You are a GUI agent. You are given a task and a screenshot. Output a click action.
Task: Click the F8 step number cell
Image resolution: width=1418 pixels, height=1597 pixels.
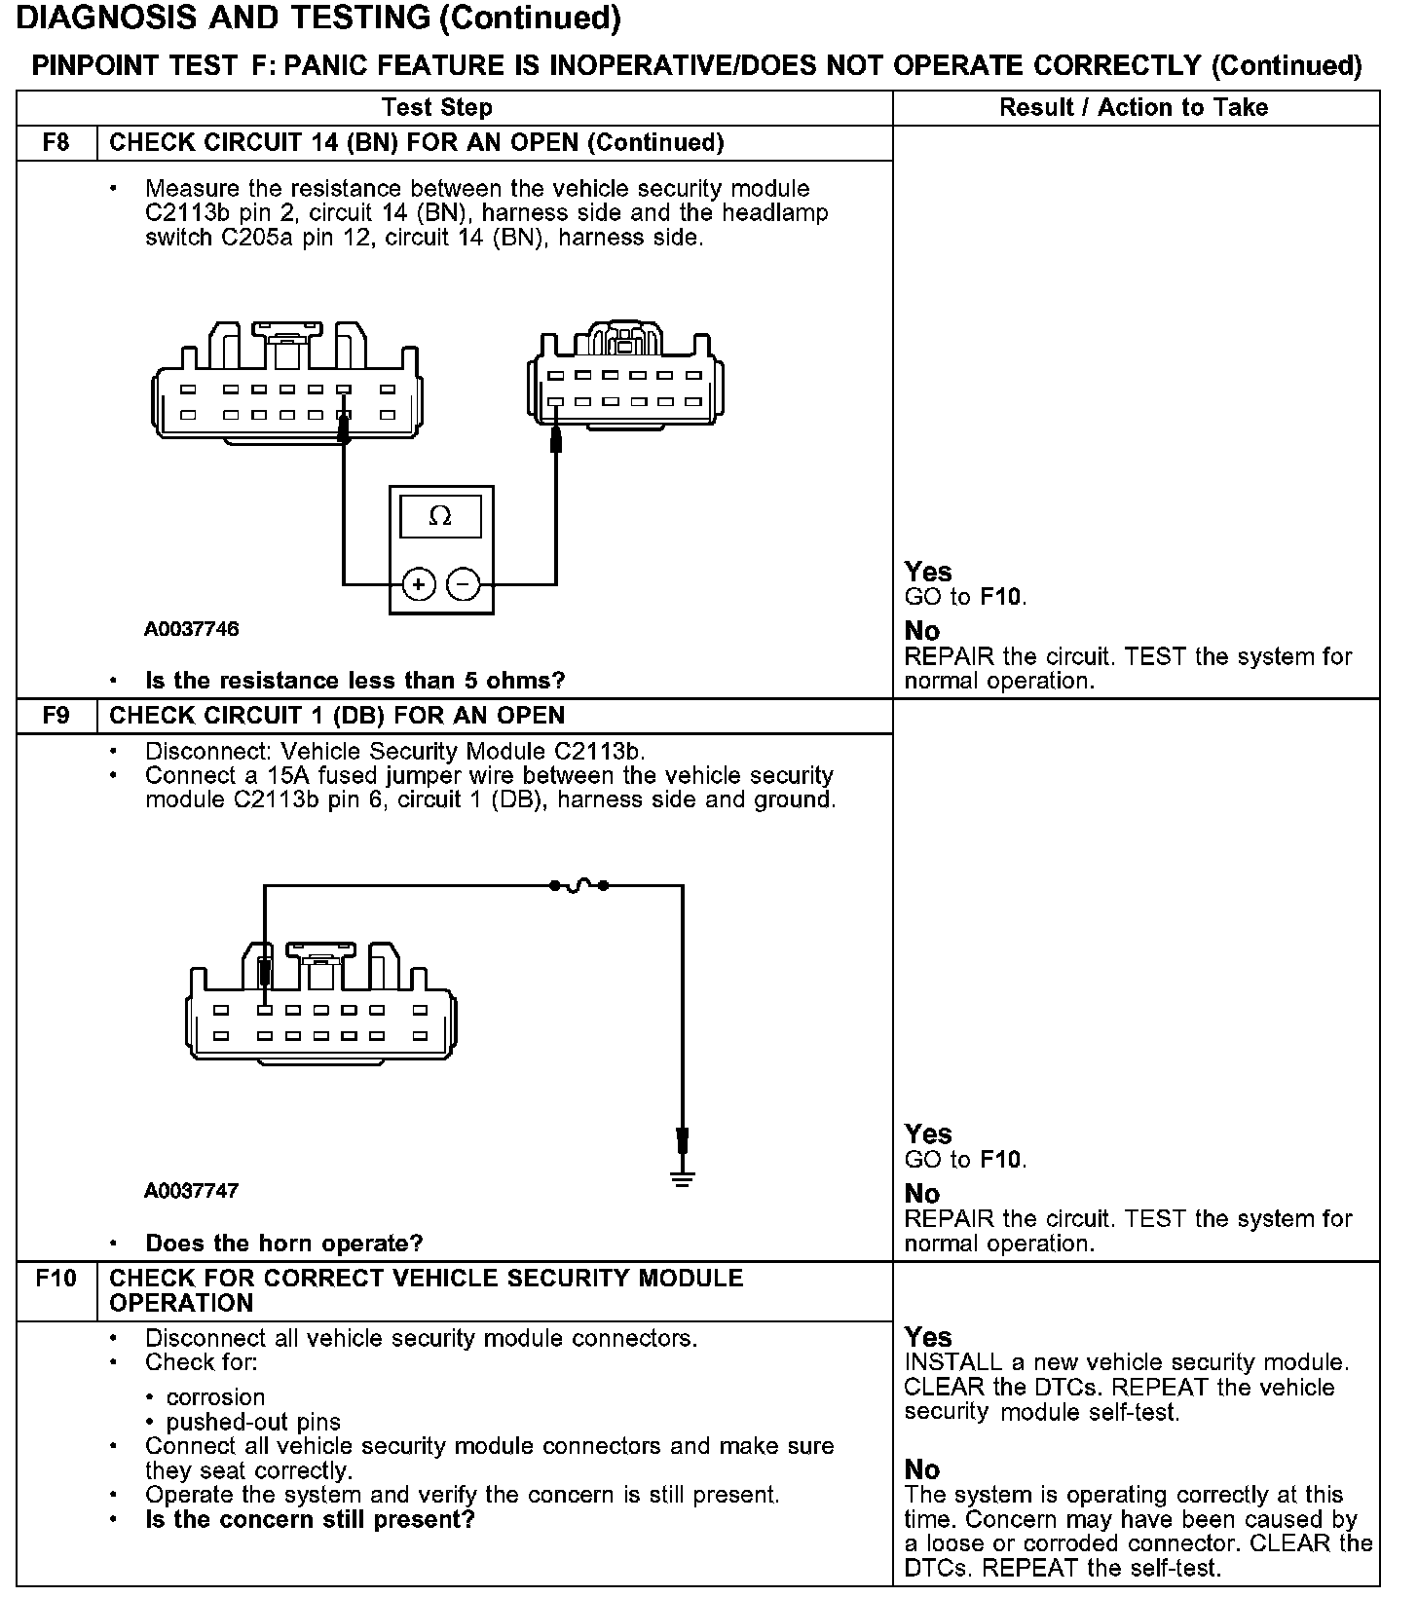pyautogui.click(x=56, y=143)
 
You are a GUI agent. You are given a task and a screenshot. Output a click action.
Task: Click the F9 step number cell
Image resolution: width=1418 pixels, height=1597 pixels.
pyautogui.click(x=56, y=716)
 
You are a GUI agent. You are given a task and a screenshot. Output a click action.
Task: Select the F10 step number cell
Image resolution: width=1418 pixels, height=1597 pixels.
pyautogui.click(x=56, y=1278)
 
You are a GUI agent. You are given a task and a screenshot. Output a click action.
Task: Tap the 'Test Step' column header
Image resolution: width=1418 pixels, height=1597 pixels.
pyautogui.click(x=437, y=107)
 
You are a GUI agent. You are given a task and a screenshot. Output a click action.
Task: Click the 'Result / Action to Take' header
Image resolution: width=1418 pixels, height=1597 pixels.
pyautogui.click(x=1134, y=107)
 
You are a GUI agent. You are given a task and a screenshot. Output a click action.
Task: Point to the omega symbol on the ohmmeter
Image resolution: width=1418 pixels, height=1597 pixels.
pyautogui.click(x=440, y=516)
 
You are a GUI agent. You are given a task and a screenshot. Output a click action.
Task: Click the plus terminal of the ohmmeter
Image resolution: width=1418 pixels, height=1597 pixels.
pyautogui.click(x=418, y=584)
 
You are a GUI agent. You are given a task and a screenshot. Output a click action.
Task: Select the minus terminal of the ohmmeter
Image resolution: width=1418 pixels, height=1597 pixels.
pyautogui.click(x=464, y=584)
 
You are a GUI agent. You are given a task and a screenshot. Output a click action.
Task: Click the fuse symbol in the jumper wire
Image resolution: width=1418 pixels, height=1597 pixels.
pyautogui.click(x=578, y=885)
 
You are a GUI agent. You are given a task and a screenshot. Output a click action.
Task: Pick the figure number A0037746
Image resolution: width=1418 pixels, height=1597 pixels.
pyautogui.click(x=192, y=629)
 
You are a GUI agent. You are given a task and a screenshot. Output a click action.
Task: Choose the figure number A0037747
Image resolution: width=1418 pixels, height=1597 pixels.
pyautogui.click(x=192, y=1191)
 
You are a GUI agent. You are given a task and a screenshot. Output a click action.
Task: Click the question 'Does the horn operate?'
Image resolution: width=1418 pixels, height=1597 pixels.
pyautogui.click(x=283, y=1244)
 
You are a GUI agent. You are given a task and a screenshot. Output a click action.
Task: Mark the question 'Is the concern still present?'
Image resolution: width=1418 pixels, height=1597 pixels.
pyautogui.click(x=310, y=1520)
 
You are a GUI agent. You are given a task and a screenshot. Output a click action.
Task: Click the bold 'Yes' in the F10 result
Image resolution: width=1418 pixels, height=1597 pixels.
pyautogui.click(x=928, y=1337)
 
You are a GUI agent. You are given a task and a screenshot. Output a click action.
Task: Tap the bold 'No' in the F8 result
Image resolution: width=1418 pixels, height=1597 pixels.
pyautogui.click(x=922, y=631)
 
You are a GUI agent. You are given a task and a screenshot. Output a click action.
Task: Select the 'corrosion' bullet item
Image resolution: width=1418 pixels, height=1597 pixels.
pyautogui.click(x=215, y=1397)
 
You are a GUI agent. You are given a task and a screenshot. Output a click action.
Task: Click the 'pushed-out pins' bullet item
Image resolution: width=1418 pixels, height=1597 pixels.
pyautogui.click(x=253, y=1422)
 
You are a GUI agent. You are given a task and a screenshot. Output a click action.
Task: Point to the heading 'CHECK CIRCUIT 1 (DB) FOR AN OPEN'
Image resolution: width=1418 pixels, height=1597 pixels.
pyautogui.click(x=337, y=716)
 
